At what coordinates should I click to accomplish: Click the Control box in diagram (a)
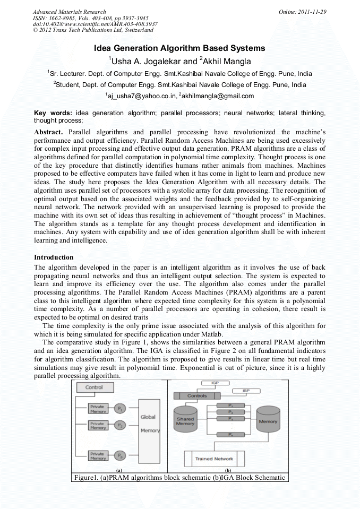point(94,387)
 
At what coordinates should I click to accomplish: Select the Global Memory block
point(149,424)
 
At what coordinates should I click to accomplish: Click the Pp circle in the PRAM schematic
point(120,455)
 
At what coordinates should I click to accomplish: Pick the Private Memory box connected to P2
point(98,426)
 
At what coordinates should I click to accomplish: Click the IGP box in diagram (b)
point(213,382)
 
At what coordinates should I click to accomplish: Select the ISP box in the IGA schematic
point(246,391)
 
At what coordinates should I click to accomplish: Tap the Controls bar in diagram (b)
point(198,396)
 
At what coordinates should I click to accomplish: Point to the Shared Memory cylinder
point(185,420)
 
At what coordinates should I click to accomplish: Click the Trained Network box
point(214,459)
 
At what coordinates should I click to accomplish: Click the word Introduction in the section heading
point(54,257)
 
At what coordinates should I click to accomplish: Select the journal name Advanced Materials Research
point(69,12)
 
